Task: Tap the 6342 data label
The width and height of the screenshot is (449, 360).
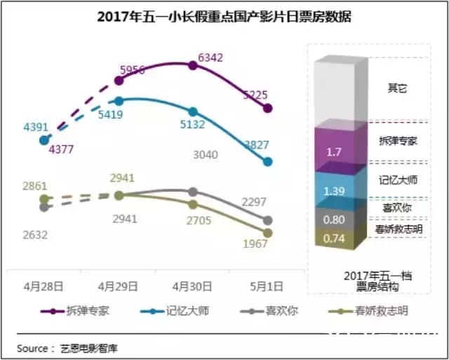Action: tap(211, 55)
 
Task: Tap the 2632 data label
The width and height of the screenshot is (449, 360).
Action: tap(34, 234)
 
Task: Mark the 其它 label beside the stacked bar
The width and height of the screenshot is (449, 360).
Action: tap(397, 88)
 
